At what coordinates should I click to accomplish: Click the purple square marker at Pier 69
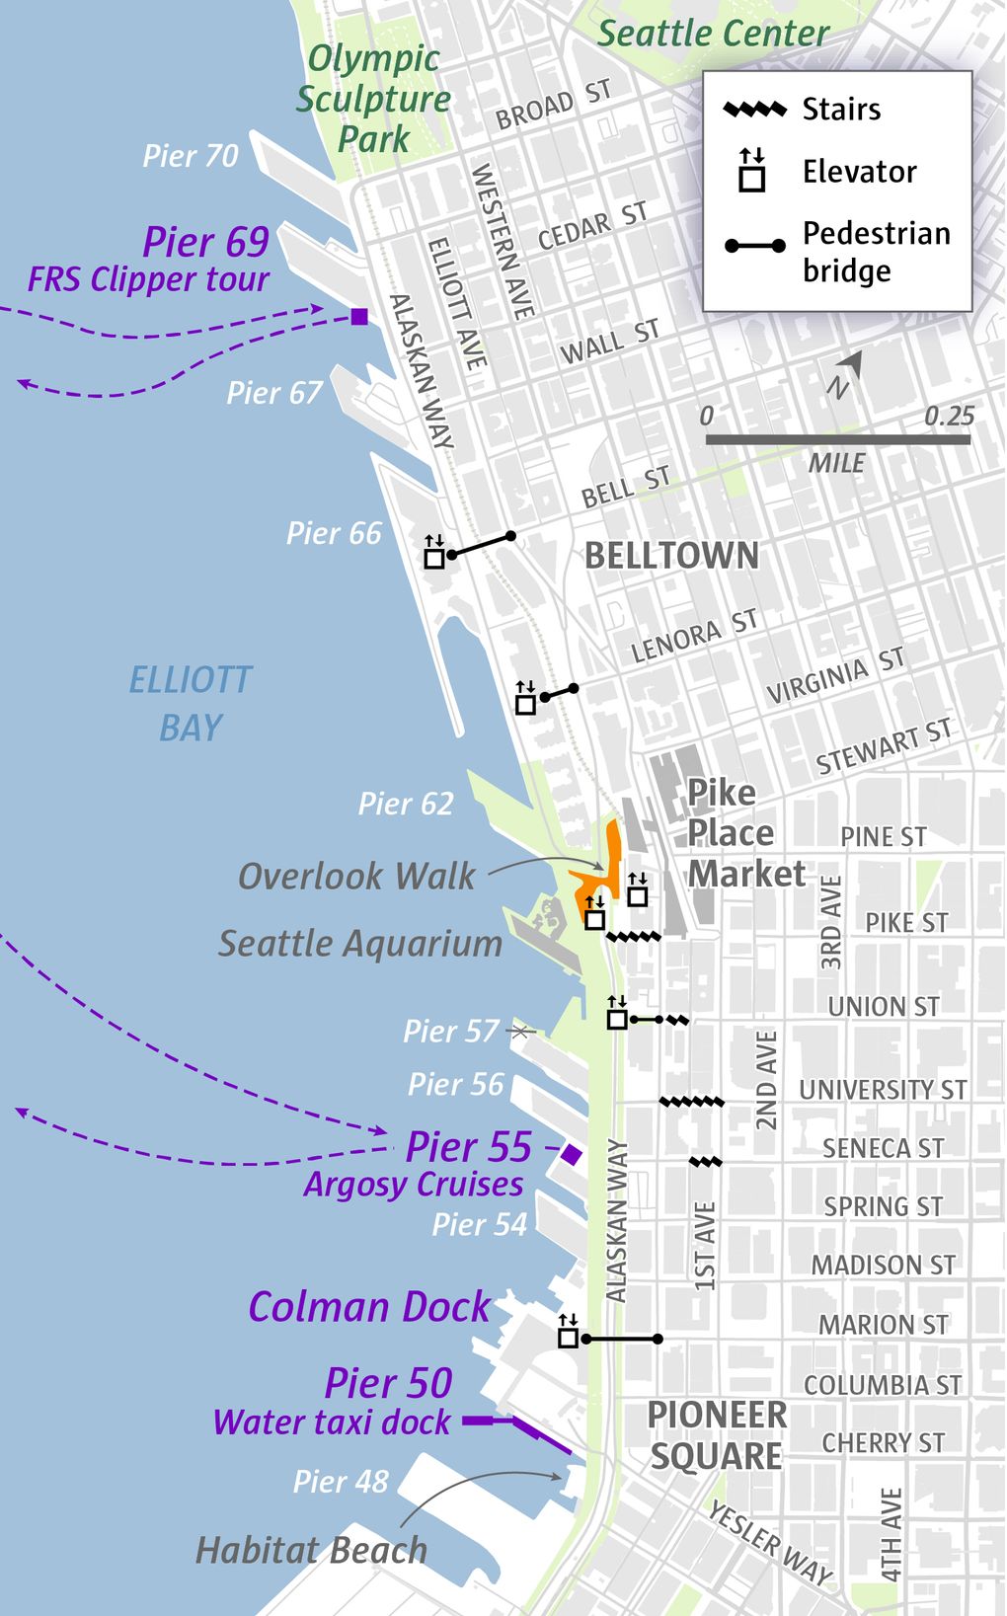pos(359,317)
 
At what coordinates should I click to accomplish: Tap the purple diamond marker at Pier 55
pos(571,1154)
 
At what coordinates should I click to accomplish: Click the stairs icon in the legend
pos(754,110)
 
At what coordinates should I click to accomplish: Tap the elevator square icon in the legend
pos(752,179)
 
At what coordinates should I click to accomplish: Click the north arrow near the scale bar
pos(850,369)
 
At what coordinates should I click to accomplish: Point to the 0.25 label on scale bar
pos(949,416)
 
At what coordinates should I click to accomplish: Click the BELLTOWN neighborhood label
pos(671,556)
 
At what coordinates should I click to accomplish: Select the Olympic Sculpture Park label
pos(373,99)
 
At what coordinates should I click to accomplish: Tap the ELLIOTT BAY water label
pos(191,703)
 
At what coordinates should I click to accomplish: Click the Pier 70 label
pos(191,156)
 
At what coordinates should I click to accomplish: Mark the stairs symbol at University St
pos(691,1102)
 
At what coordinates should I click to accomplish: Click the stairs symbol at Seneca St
pos(705,1163)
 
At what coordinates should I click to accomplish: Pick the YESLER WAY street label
pos(770,1542)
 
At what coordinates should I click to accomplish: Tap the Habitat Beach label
pos(312,1550)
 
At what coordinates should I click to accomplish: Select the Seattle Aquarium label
pos(360,944)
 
